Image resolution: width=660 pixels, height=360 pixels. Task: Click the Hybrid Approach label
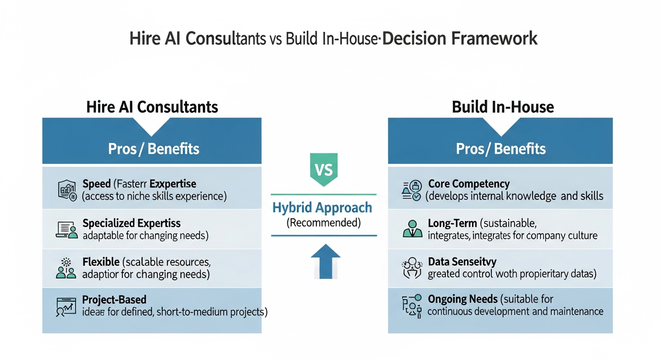[x=322, y=208]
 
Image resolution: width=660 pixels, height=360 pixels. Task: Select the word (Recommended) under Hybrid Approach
[x=323, y=223]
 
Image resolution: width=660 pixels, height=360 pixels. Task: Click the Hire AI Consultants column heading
[x=152, y=107]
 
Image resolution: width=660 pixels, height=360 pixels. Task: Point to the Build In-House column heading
[x=502, y=107]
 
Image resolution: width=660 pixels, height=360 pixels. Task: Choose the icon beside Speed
[x=67, y=190]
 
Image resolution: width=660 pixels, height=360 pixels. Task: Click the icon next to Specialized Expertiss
[x=67, y=229]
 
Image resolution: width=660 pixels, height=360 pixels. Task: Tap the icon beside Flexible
[x=66, y=268]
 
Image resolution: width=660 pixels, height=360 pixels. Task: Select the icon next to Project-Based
[x=66, y=306]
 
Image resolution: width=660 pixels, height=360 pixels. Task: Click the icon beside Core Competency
[x=412, y=190]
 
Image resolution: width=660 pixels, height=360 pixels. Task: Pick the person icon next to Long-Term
[x=412, y=229]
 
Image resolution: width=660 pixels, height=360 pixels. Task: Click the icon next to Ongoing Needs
[x=412, y=305]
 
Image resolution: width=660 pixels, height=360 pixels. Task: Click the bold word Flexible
[x=101, y=262]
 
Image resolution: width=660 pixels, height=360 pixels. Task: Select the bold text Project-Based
[x=114, y=300]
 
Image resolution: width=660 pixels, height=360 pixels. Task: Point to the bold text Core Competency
[x=468, y=184]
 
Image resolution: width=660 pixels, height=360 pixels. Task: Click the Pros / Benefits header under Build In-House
[x=500, y=149]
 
